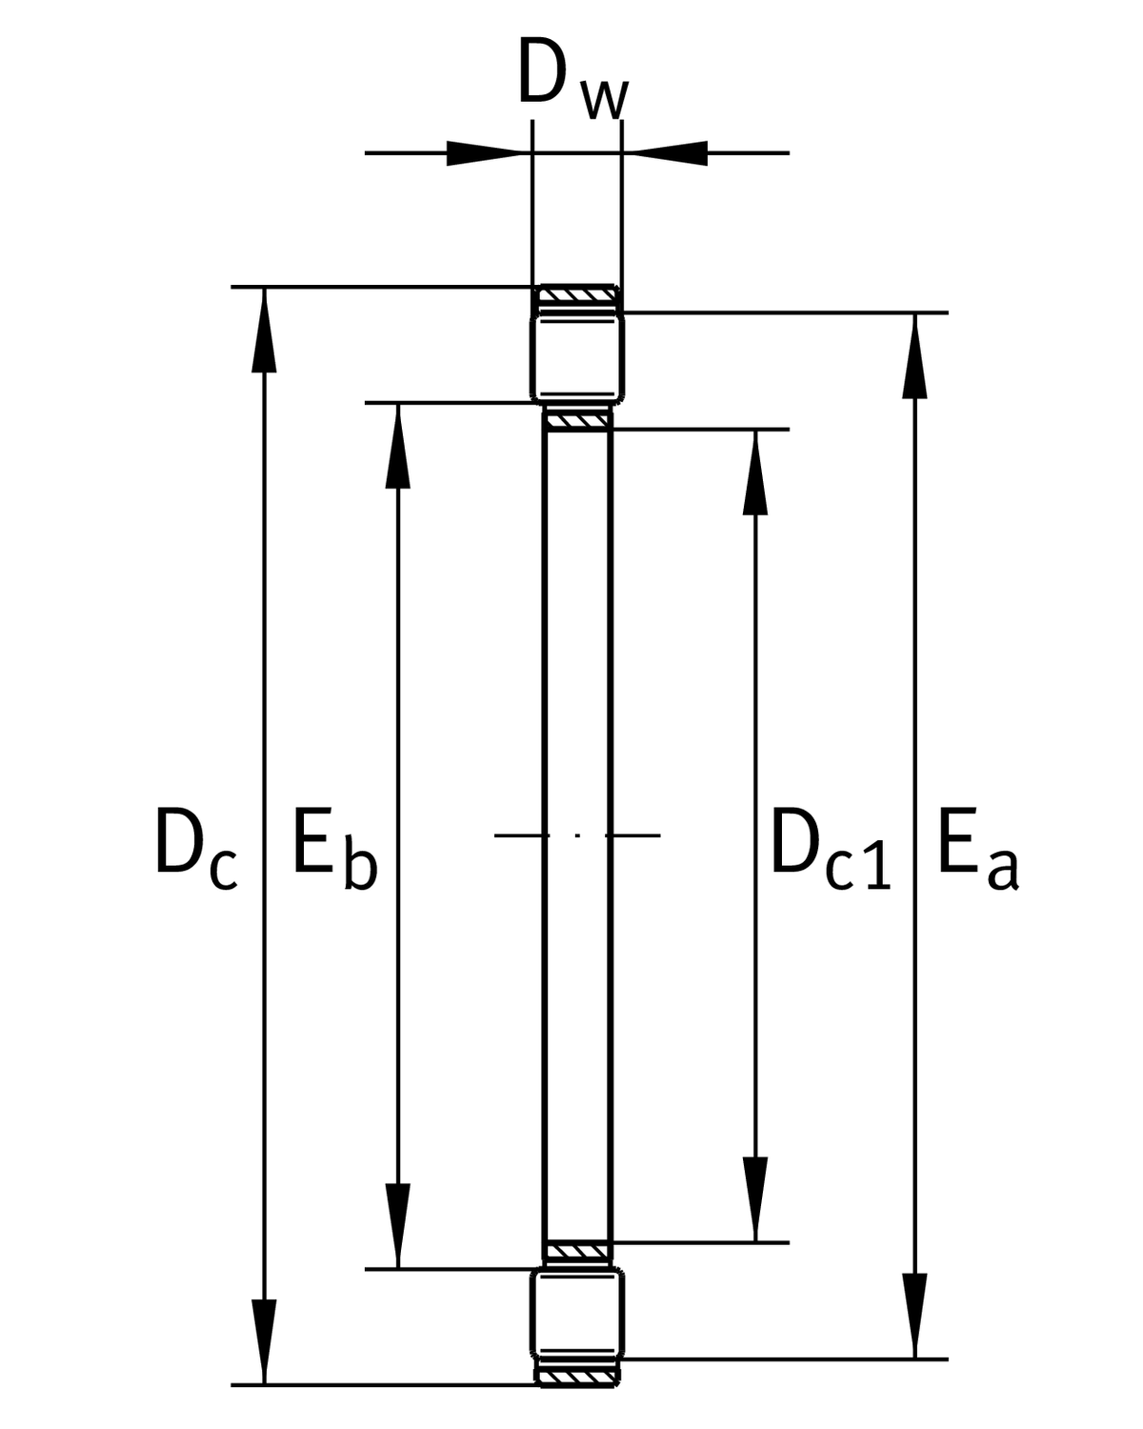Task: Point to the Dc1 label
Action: click(x=829, y=848)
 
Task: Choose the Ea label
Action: click(x=977, y=848)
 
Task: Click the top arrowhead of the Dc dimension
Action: click(x=264, y=329)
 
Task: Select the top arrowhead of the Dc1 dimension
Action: click(x=755, y=472)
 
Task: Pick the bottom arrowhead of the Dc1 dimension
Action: click(x=755, y=1200)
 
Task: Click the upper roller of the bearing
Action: click(x=577, y=357)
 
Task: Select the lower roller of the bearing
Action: click(x=577, y=1313)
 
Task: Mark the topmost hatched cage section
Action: click(x=577, y=294)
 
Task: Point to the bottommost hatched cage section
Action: click(x=577, y=1376)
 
